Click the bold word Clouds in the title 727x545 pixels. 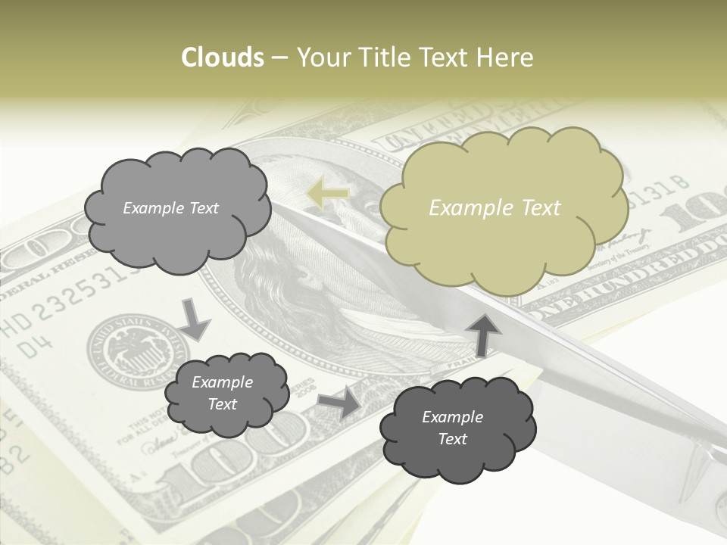coord(223,58)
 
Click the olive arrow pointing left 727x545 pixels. coord(327,194)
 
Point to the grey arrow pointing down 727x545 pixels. coord(195,319)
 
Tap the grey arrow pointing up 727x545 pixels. coord(482,333)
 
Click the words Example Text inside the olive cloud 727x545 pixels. coord(495,208)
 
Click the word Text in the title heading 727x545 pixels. coord(444,58)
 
